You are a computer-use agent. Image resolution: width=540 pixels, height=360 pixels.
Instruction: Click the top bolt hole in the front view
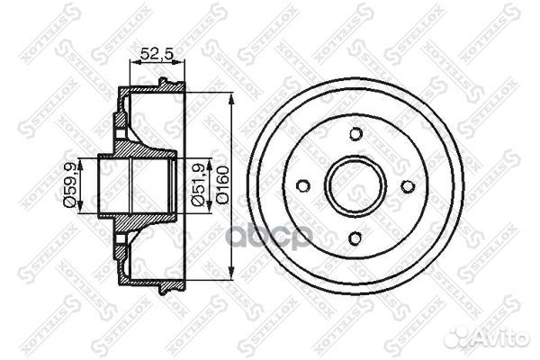coord(355,134)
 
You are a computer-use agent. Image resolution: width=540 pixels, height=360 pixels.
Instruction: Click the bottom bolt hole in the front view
coord(355,238)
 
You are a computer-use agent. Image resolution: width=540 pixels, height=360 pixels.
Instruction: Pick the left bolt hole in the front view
coord(303,186)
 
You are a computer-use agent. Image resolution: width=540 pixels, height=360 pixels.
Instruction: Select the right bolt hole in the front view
coord(407,186)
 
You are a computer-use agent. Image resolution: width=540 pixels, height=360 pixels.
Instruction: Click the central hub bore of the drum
coord(355,186)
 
